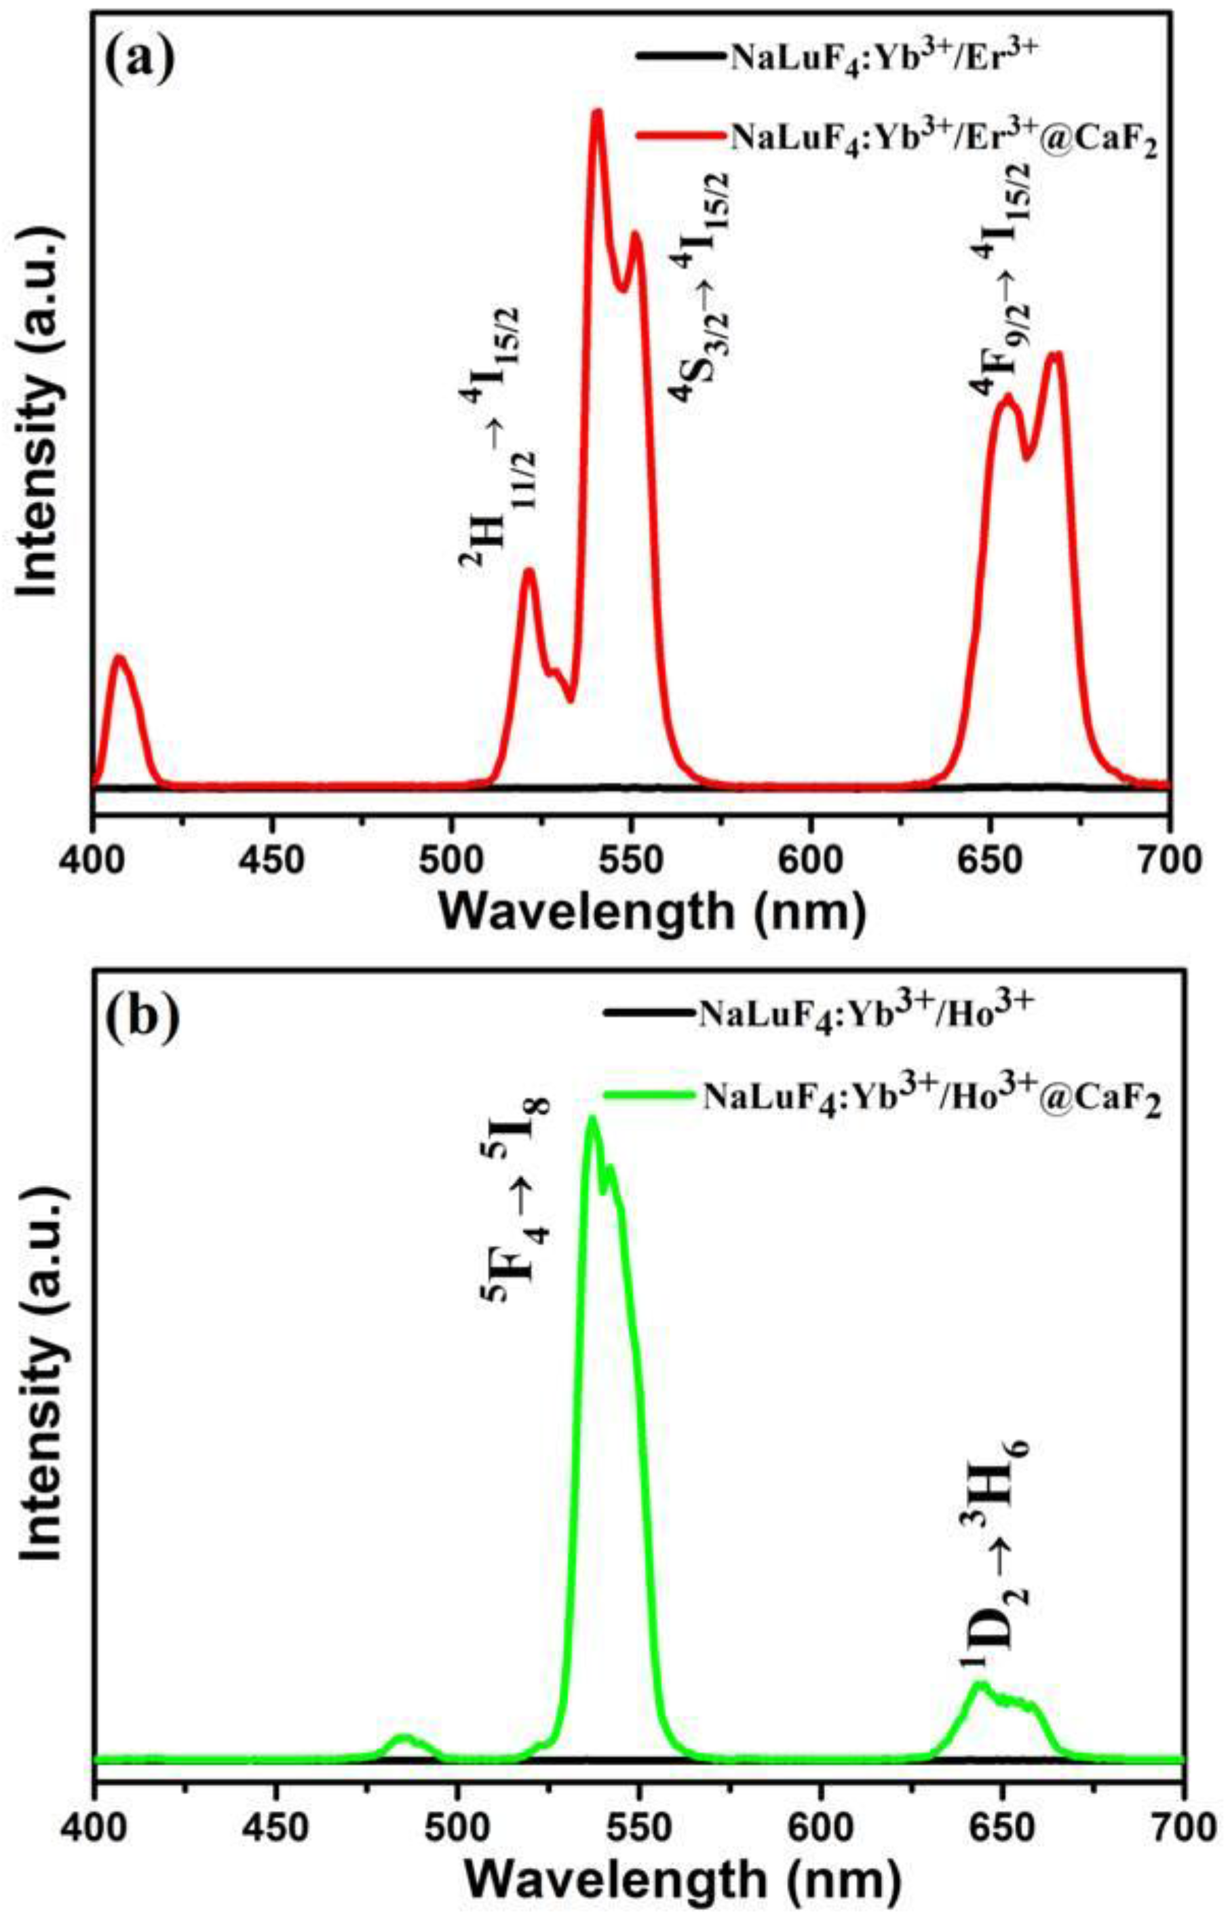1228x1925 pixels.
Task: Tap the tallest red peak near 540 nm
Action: pyautogui.click(x=596, y=113)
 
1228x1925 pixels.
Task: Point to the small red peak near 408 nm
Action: pyautogui.click(x=120, y=657)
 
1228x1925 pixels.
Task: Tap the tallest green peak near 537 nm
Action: pyautogui.click(x=592, y=1119)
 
